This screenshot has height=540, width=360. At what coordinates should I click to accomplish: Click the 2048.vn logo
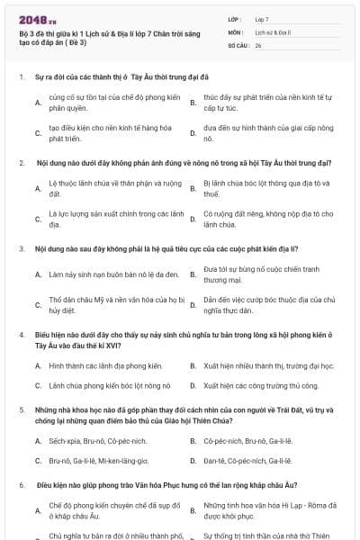(x=37, y=17)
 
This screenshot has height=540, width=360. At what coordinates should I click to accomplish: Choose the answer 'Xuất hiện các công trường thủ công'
(x=261, y=385)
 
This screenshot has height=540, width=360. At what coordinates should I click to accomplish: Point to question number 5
(x=22, y=409)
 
